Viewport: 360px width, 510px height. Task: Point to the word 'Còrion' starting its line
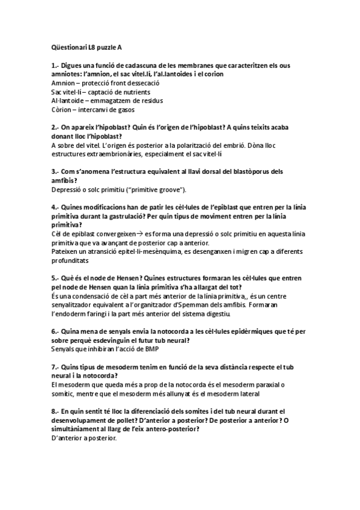point(63,109)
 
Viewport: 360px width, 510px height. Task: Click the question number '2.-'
point(56,127)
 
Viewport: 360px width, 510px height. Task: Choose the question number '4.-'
point(56,208)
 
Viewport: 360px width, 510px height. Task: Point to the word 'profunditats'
point(70,262)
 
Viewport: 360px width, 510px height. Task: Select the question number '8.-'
point(56,411)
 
